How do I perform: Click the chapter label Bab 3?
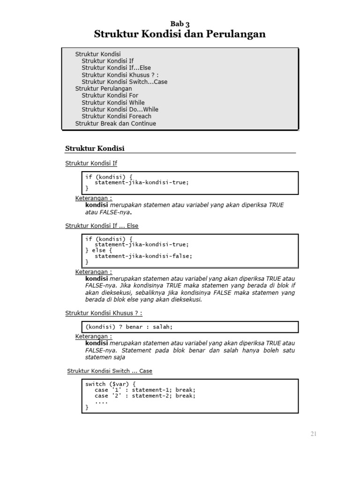pos(180,24)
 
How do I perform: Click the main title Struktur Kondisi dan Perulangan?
pos(180,34)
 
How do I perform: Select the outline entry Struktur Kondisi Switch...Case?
pos(124,82)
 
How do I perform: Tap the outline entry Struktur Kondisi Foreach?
pos(116,116)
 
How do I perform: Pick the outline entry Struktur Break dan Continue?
pos(115,123)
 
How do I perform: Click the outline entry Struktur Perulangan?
pos(104,89)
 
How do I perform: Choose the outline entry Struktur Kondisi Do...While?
pos(120,109)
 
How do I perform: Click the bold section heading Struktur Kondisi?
pos(95,149)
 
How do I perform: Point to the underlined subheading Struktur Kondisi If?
pos(91,163)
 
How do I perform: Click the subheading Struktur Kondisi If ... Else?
pos(102,225)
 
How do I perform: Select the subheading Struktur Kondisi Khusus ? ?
pos(103,313)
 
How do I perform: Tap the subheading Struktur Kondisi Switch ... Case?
pos(110,371)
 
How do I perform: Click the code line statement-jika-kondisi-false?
pos(143,256)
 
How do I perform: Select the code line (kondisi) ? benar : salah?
pos(132,327)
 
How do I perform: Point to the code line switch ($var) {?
pos(110,384)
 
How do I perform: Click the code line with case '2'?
pos(145,396)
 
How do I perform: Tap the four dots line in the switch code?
pos(101,402)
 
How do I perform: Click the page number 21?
pos(313,434)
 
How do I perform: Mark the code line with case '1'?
pos(145,390)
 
